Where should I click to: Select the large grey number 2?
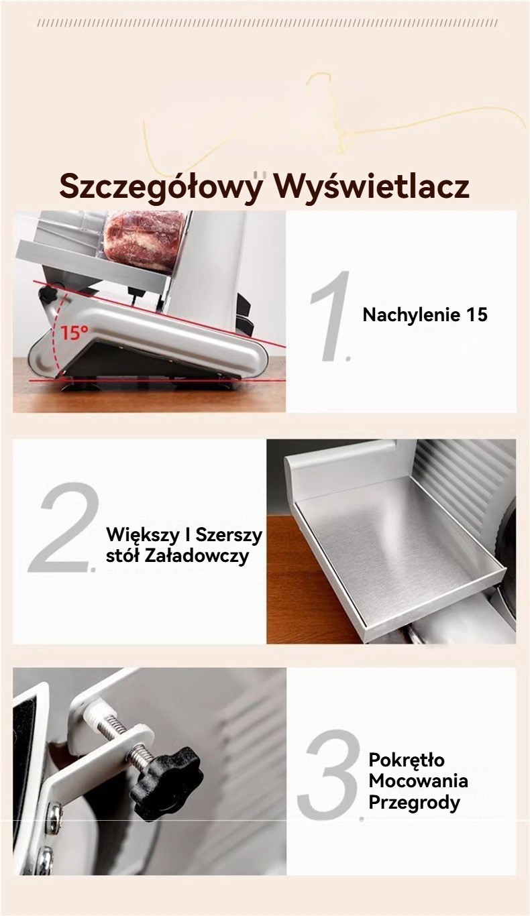(x=64, y=527)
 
